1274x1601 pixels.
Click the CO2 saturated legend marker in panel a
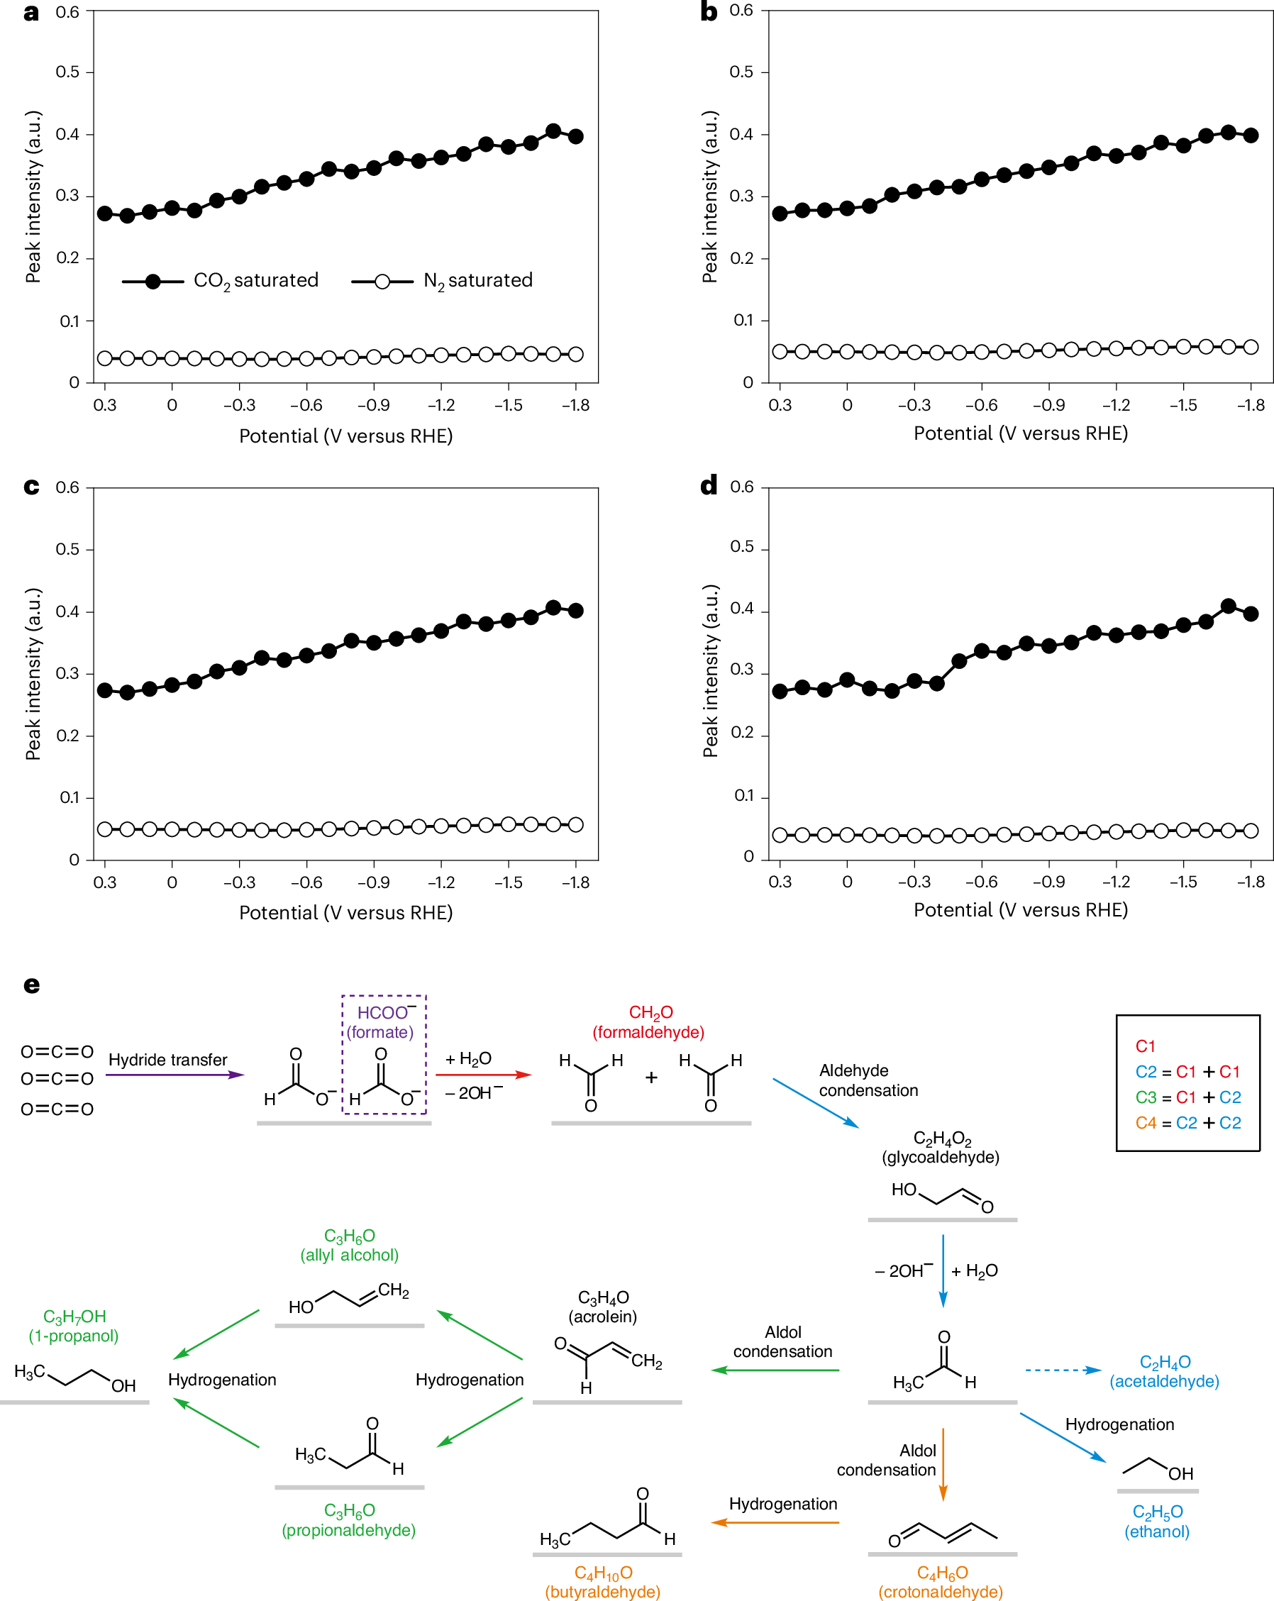pyautogui.click(x=153, y=282)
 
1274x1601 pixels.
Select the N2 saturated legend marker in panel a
pyautogui.click(x=382, y=282)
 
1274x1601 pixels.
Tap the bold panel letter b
pyautogui.click(x=709, y=13)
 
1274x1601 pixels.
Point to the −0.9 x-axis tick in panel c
pyautogui.click(x=373, y=883)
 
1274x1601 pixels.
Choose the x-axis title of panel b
pyautogui.click(x=1020, y=433)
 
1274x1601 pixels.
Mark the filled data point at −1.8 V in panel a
pyautogui.click(x=575, y=137)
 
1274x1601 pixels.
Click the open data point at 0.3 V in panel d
pyautogui.click(x=780, y=835)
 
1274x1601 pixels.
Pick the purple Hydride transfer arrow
pyautogui.click(x=175, y=1075)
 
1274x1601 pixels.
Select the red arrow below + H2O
pyautogui.click(x=483, y=1075)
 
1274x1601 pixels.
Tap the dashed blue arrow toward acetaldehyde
pyautogui.click(x=1063, y=1370)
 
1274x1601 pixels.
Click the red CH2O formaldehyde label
pyautogui.click(x=649, y=1021)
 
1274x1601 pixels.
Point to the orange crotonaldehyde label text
pyautogui.click(x=941, y=1582)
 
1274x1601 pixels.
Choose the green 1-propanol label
pyautogui.click(x=74, y=1326)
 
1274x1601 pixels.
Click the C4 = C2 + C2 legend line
pyautogui.click(x=1188, y=1123)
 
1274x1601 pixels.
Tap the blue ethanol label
pyautogui.click(x=1157, y=1522)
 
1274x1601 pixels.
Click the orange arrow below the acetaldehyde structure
pyautogui.click(x=943, y=1463)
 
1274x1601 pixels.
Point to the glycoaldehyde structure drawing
pyautogui.click(x=941, y=1197)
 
